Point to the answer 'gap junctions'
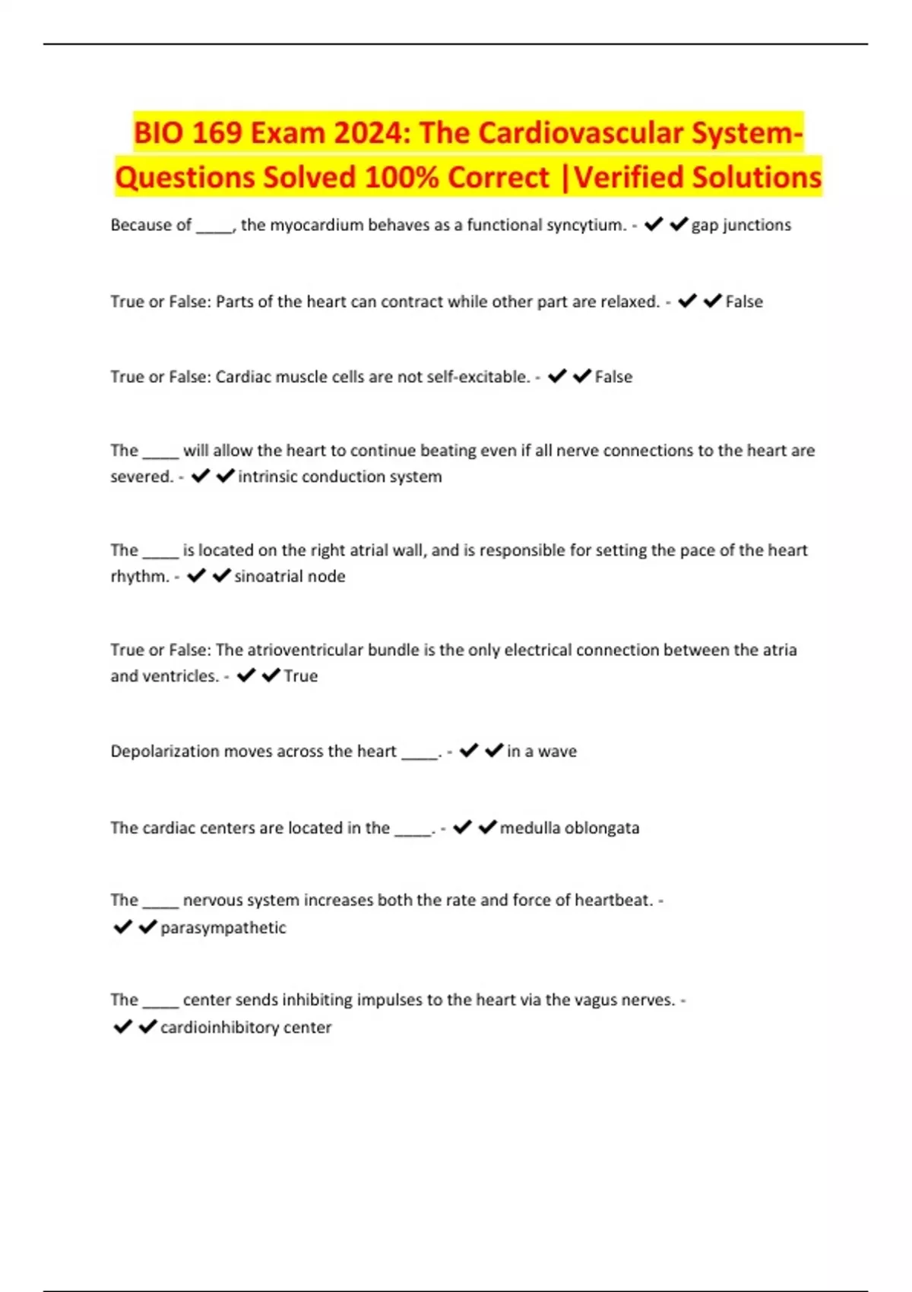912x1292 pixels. (741, 225)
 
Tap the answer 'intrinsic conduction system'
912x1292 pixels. (340, 477)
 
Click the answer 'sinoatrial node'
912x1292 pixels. (290, 576)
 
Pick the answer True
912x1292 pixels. (301, 676)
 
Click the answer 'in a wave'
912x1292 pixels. (542, 751)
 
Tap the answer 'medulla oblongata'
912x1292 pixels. (569, 828)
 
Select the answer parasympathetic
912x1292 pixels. (223, 927)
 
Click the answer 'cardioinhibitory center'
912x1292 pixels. (245, 1027)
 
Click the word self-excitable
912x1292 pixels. (477, 377)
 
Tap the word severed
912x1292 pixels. (142, 477)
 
